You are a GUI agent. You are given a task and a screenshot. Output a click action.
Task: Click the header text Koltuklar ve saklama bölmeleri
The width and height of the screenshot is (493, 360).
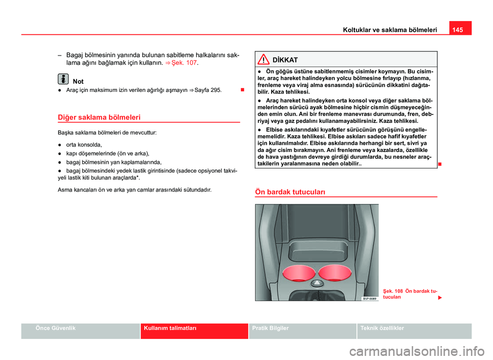390,30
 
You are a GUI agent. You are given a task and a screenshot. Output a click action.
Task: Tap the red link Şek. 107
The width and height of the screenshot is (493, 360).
185,63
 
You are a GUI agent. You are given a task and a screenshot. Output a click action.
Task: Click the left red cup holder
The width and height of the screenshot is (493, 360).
296,272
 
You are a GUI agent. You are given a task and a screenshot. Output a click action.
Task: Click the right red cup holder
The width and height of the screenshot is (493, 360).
334,272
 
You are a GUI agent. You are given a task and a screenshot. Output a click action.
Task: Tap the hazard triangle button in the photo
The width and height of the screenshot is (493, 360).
316,283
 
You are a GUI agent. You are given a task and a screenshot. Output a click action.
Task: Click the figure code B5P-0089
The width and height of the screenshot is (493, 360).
369,298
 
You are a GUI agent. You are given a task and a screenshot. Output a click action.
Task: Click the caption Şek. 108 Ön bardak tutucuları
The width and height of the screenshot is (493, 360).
409,294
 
